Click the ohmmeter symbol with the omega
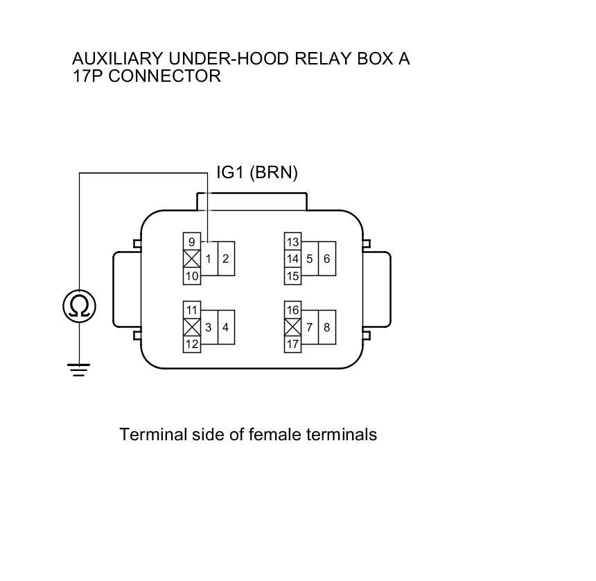tap(79, 306)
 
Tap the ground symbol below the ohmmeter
tap(79, 369)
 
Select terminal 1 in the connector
tap(208, 259)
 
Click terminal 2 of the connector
tap(226, 259)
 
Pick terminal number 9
tap(191, 242)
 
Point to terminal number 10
tap(191, 276)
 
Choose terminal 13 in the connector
tap(292, 242)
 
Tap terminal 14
tap(292, 259)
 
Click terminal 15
tap(292, 276)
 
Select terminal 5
tap(310, 259)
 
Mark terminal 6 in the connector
tap(327, 259)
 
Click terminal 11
tap(191, 310)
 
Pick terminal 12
tap(191, 344)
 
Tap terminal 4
tap(226, 327)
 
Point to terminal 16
tap(292, 310)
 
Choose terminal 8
tap(327, 327)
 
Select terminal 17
tap(292, 344)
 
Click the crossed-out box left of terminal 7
tap(292, 327)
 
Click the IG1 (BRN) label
tap(257, 173)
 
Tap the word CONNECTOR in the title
tap(164, 76)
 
